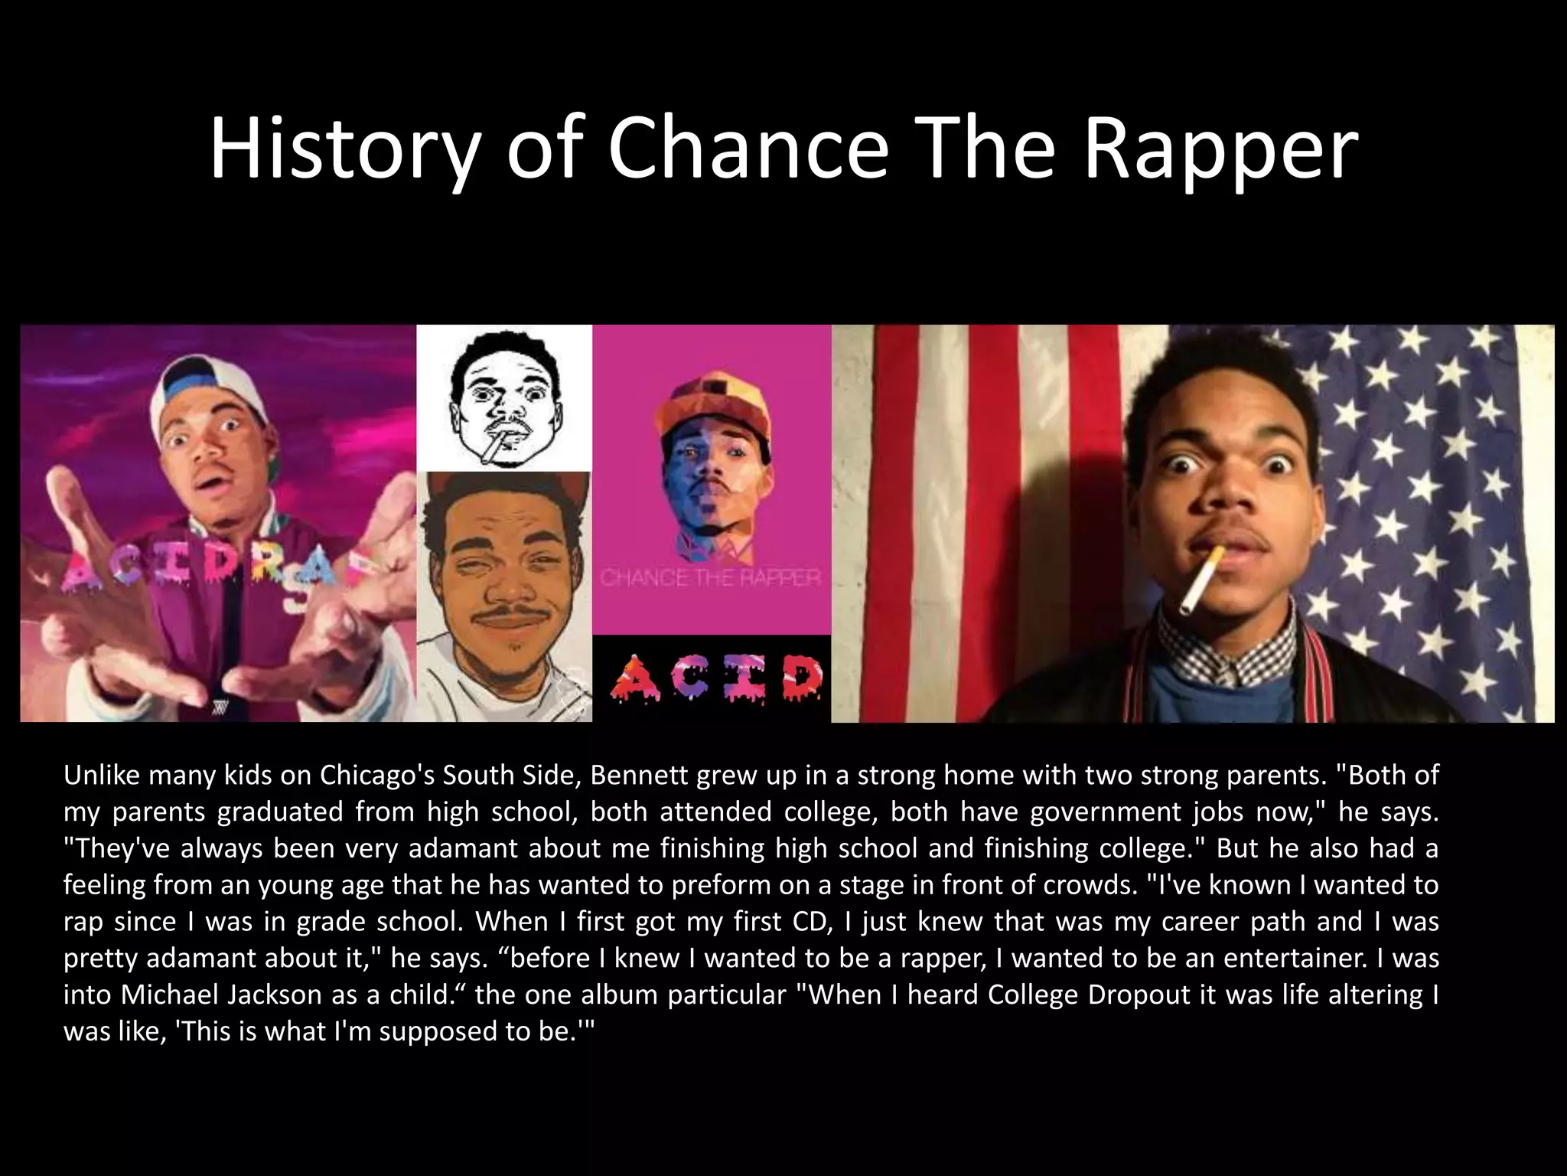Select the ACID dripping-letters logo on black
coord(716,678)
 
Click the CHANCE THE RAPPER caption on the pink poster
coord(710,577)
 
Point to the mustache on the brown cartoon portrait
coord(502,613)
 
